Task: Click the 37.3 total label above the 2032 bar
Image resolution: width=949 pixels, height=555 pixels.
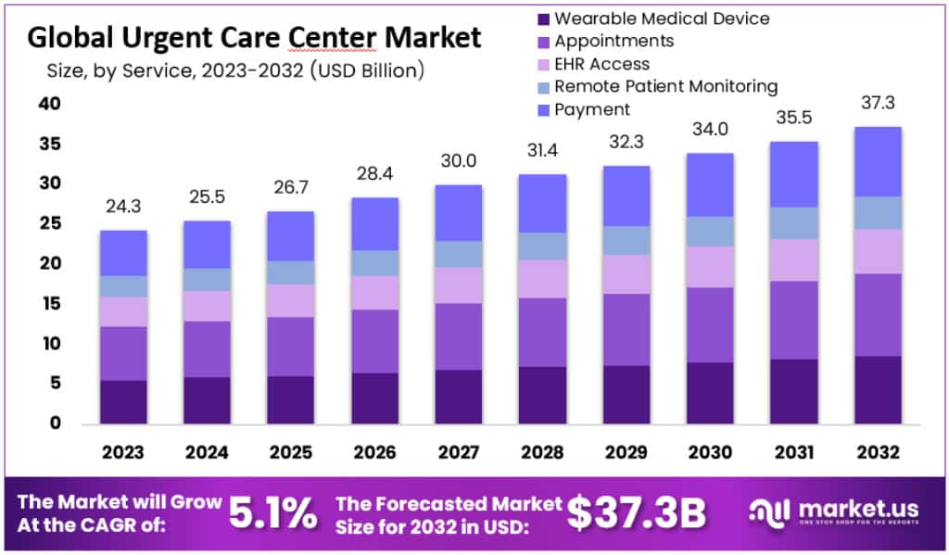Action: (x=877, y=102)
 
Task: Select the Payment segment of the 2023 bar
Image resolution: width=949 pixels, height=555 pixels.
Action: (x=123, y=253)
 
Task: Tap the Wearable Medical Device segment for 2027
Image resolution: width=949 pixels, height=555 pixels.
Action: (x=458, y=397)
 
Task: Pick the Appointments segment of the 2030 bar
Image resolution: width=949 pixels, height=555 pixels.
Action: (x=710, y=324)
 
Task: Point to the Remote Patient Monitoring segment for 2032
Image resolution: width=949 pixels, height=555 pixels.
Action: (x=878, y=212)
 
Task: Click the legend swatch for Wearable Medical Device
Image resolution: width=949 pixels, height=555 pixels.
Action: (x=543, y=19)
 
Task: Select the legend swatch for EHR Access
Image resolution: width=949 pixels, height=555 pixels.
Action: (x=543, y=65)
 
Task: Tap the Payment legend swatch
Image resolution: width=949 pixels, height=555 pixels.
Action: (x=543, y=110)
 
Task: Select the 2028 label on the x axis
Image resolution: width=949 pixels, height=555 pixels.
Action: (x=542, y=452)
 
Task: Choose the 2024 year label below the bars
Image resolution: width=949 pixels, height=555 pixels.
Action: (x=207, y=452)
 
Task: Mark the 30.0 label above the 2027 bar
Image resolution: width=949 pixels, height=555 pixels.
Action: (x=458, y=160)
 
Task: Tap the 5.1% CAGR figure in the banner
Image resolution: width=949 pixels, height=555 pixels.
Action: (x=274, y=513)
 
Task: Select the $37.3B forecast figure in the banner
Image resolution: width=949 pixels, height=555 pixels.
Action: (x=638, y=513)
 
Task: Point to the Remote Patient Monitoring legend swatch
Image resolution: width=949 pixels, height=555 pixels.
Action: (x=543, y=87)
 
